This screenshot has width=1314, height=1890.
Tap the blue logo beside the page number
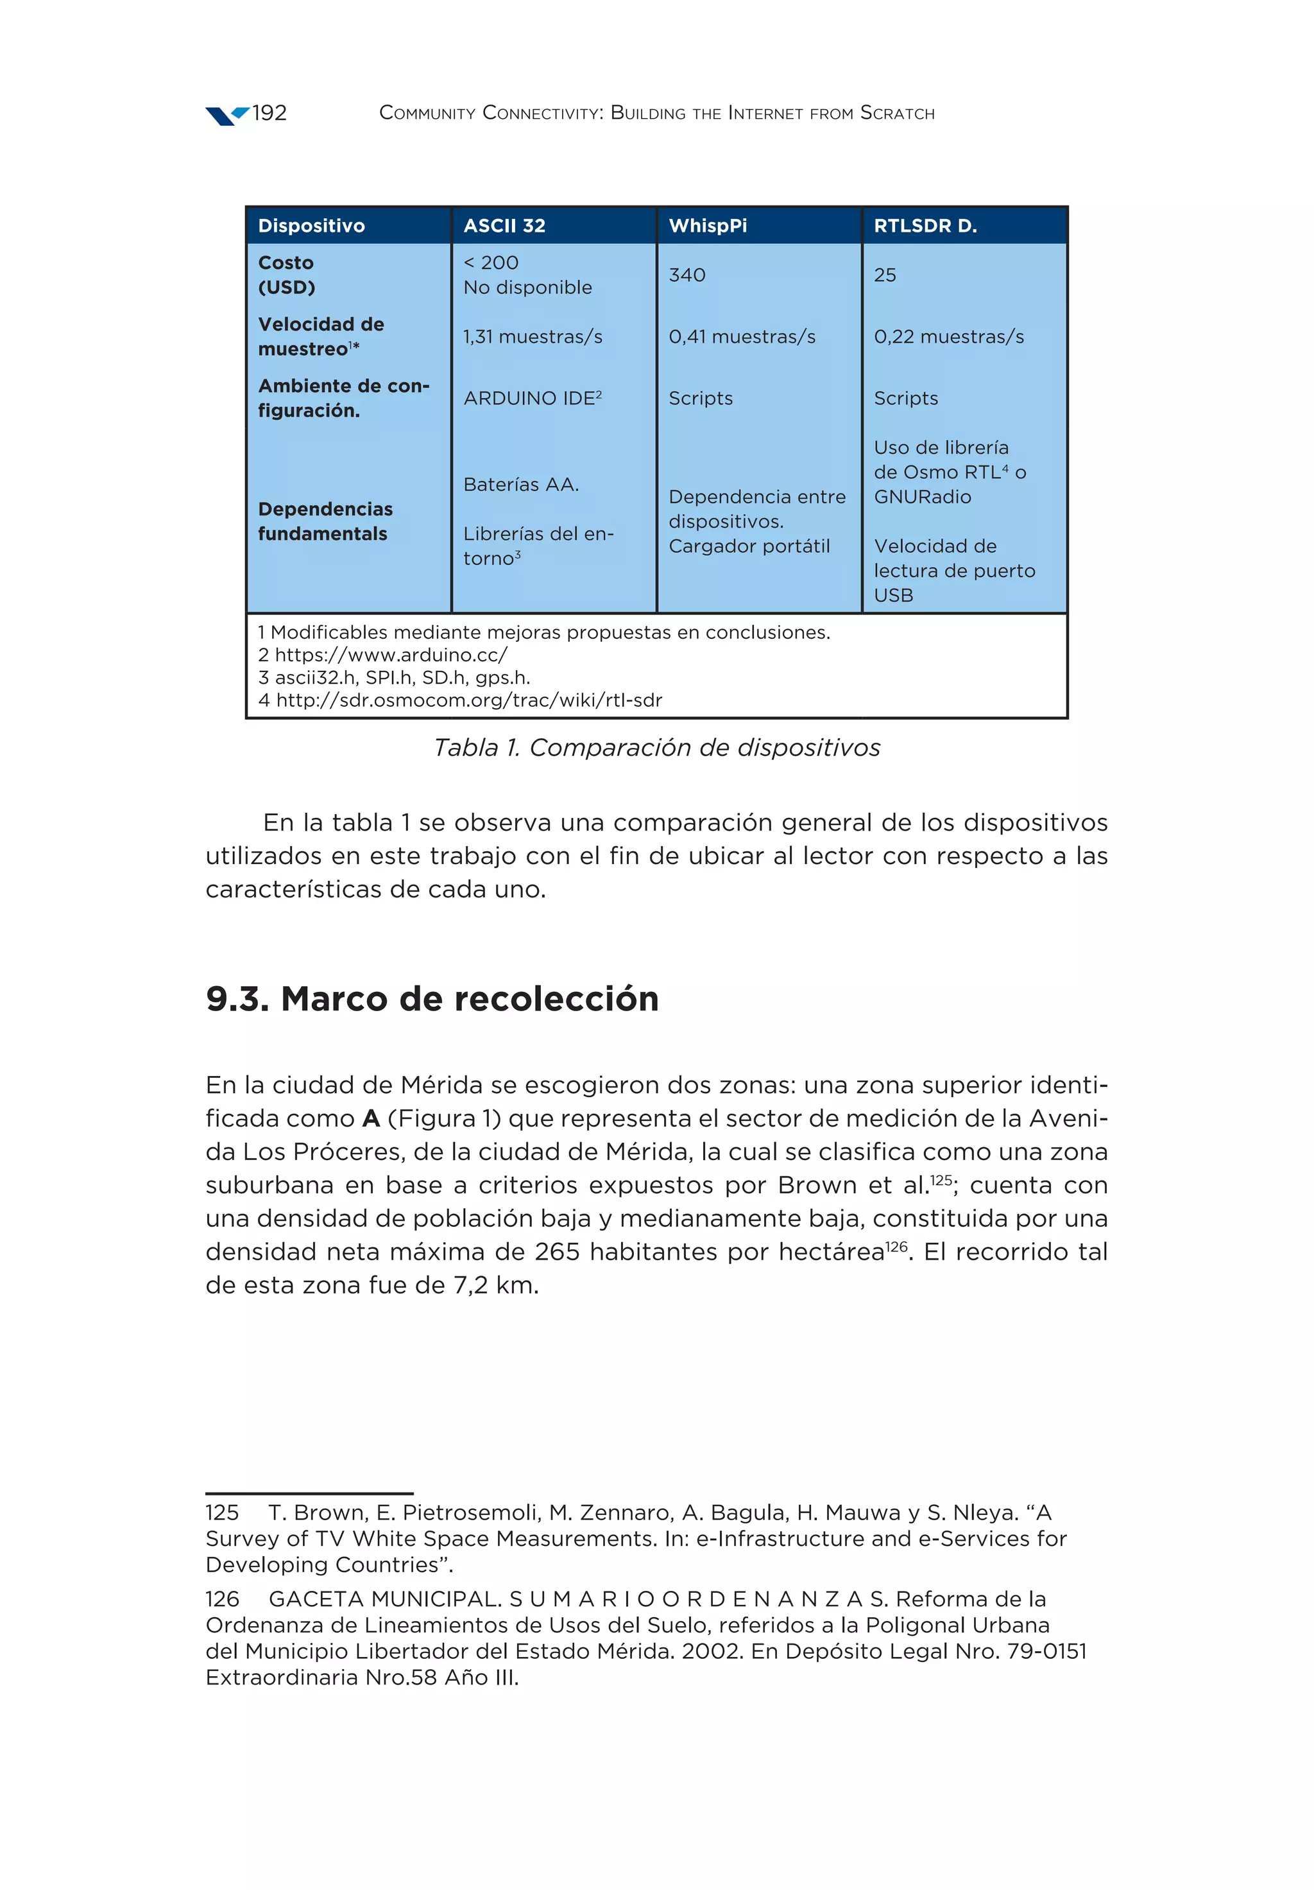tap(226, 116)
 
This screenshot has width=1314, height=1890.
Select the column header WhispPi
tap(708, 225)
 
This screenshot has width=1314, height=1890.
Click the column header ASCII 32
tap(504, 225)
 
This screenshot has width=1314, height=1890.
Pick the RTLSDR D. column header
tap(925, 225)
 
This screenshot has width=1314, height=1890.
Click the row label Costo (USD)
tap(286, 275)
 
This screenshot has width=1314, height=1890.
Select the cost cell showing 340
tap(687, 275)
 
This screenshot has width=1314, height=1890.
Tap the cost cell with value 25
tap(885, 275)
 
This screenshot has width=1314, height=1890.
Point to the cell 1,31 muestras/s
tap(533, 336)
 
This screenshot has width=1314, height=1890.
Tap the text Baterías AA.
tap(521, 485)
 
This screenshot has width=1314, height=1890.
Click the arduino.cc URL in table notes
tap(391, 655)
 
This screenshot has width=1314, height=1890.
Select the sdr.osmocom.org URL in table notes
tap(468, 700)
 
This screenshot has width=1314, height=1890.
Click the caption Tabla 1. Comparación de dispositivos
tap(656, 747)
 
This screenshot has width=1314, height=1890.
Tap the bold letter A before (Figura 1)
tap(370, 1119)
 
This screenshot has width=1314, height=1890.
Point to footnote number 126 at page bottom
tap(222, 1599)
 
